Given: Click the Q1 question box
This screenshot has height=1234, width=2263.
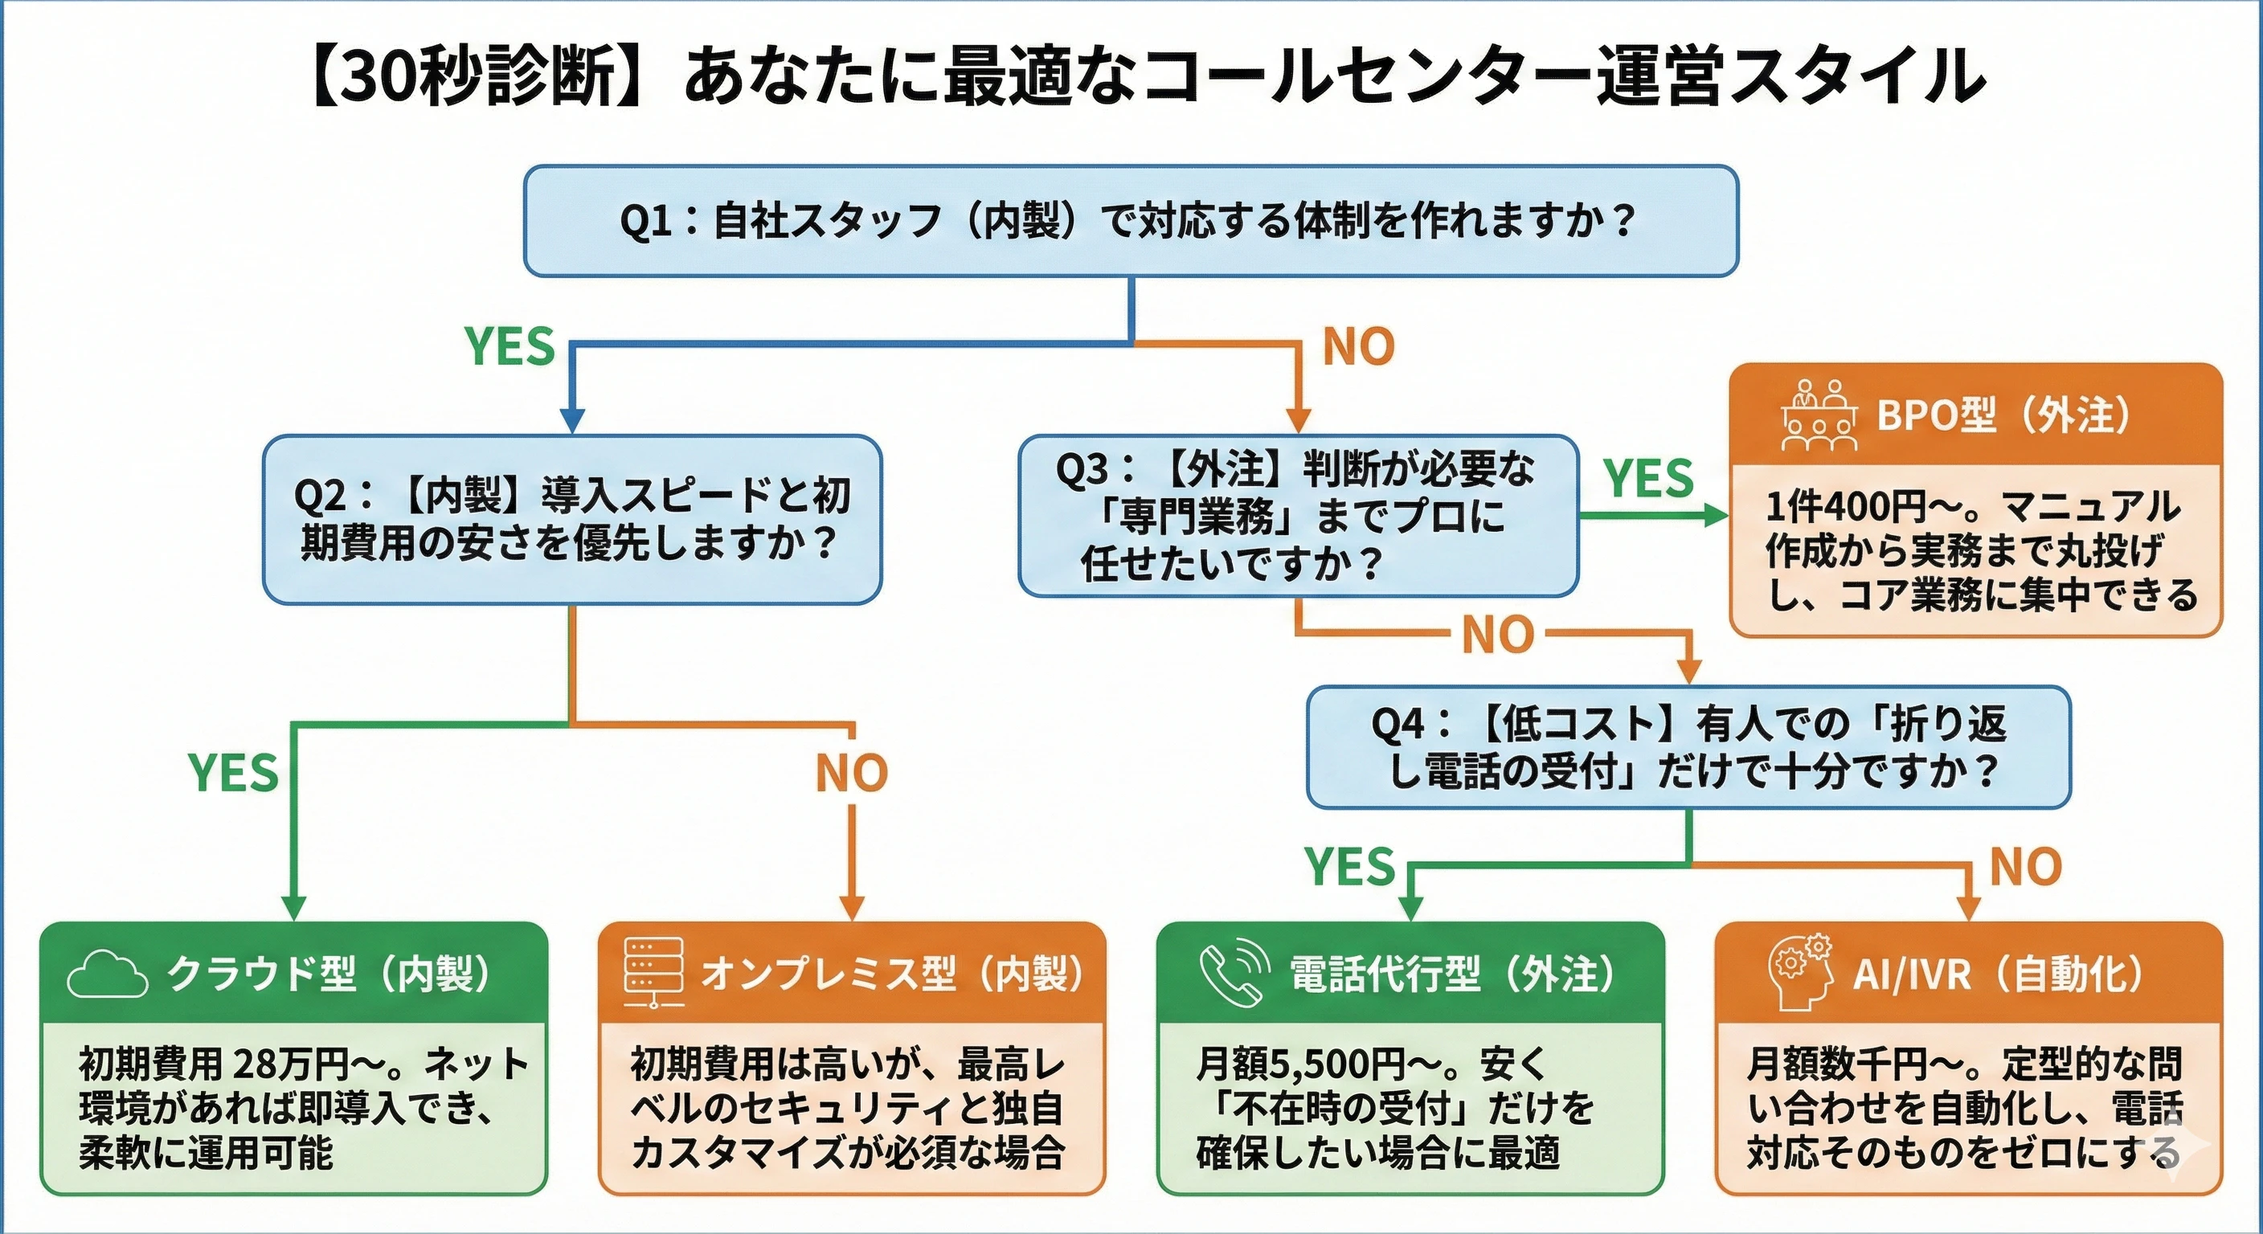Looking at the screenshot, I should point(1131,220).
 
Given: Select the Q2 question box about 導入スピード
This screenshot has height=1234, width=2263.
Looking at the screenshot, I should point(572,519).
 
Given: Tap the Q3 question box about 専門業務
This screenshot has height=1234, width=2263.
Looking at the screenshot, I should point(1298,516).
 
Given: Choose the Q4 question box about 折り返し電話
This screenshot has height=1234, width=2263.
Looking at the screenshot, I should point(1688,747).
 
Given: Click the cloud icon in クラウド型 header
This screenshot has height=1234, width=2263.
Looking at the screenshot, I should point(107,975).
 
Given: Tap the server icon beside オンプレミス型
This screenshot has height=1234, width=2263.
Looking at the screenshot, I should point(653,971).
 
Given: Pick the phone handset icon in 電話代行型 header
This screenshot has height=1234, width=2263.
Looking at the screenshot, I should point(1234,973).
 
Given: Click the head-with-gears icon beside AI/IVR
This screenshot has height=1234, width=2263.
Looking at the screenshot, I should point(1800,973).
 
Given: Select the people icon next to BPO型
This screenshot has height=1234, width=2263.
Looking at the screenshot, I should point(1819,415).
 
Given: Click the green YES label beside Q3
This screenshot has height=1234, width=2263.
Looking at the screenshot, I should point(1648,479).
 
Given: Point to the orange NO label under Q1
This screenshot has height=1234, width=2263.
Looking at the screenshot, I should point(1358,347).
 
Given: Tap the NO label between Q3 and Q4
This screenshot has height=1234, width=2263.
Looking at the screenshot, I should point(1498,634).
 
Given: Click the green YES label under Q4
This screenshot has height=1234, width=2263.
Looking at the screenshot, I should point(1349,867).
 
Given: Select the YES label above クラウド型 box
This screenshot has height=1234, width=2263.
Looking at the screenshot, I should point(233,773).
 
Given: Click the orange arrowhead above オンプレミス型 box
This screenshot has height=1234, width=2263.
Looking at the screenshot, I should point(851,907).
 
